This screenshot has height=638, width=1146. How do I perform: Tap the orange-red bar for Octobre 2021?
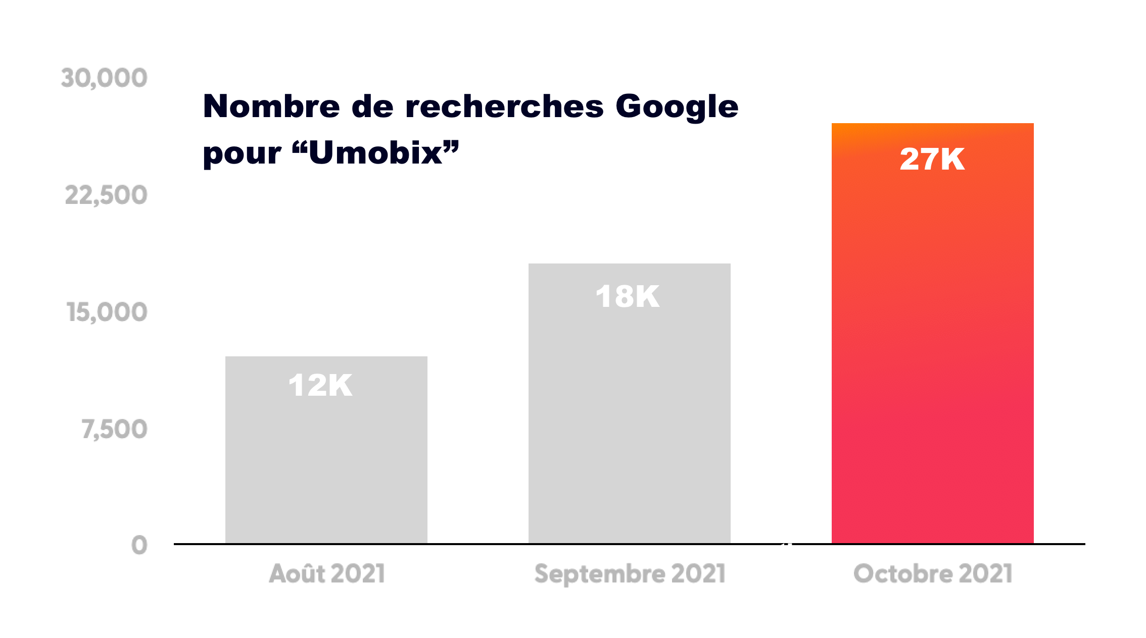click(932, 353)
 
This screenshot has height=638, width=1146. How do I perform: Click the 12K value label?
click(320, 386)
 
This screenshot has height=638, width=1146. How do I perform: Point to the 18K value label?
click(627, 296)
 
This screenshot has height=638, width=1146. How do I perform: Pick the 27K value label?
click(932, 159)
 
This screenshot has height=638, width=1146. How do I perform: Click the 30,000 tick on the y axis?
click(104, 78)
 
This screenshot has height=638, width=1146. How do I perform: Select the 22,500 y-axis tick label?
click(106, 195)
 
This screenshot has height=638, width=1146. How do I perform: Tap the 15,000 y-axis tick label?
click(107, 312)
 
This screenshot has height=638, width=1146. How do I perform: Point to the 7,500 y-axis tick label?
click(115, 430)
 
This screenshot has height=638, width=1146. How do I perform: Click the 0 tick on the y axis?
click(139, 546)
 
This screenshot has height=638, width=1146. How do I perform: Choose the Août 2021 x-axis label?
click(327, 574)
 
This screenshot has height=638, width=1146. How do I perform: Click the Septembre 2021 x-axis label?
click(630, 574)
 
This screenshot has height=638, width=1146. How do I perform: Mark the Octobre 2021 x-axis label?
click(933, 574)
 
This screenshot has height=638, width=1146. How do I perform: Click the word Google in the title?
click(677, 108)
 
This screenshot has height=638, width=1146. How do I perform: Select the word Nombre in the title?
click(271, 107)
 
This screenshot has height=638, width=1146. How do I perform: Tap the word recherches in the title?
click(504, 107)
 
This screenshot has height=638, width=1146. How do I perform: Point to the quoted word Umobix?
click(375, 153)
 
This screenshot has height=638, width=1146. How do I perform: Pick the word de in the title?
click(372, 107)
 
